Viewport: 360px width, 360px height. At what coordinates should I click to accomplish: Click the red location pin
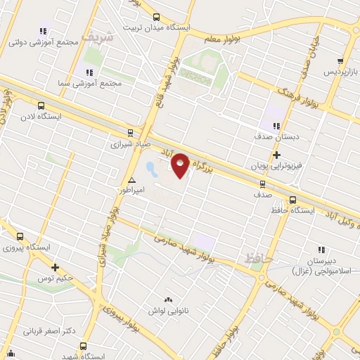[181, 165]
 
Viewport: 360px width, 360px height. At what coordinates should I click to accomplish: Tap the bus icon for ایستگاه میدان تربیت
[155, 18]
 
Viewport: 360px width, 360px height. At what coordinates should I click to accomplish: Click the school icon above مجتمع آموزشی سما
[89, 72]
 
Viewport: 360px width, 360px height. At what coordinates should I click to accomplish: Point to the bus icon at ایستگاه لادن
[40, 105]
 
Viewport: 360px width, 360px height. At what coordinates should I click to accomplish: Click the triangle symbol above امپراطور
[131, 180]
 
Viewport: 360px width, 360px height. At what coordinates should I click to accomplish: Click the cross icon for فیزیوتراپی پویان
[276, 155]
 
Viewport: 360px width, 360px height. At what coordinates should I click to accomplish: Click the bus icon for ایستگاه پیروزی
[20, 237]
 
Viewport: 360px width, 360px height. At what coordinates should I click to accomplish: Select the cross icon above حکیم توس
[55, 266]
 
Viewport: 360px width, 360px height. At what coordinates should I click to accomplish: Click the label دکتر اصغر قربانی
[48, 330]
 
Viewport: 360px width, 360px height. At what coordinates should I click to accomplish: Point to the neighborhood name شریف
[96, 35]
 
